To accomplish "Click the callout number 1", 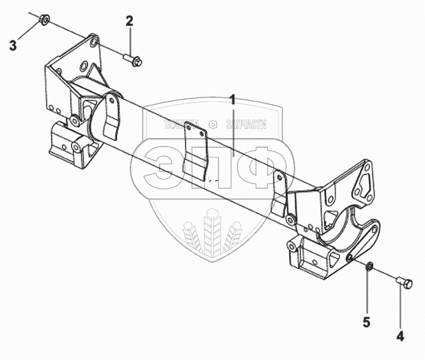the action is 233,99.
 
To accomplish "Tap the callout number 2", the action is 129,21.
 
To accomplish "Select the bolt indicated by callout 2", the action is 133,60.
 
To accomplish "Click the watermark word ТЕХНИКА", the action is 182,125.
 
